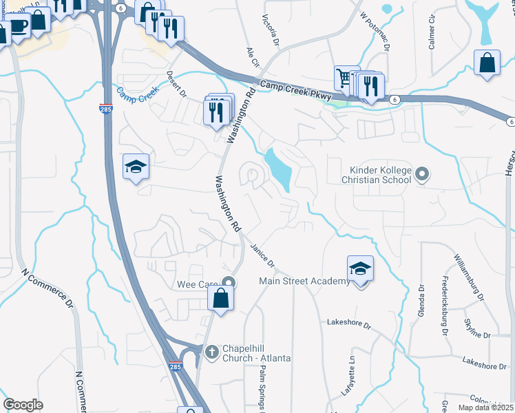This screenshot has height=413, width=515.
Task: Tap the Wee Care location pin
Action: pos(230,282)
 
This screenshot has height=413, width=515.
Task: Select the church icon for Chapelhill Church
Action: pos(212,351)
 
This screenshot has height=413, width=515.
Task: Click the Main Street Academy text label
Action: pos(304,281)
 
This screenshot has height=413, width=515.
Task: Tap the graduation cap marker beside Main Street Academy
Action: pos(360,269)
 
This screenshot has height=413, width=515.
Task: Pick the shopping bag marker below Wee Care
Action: pos(220,298)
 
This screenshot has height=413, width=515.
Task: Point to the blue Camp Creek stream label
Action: pos(138,95)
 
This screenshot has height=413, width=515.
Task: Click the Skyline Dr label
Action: pos(477,335)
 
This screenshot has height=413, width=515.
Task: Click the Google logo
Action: pos(23,404)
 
